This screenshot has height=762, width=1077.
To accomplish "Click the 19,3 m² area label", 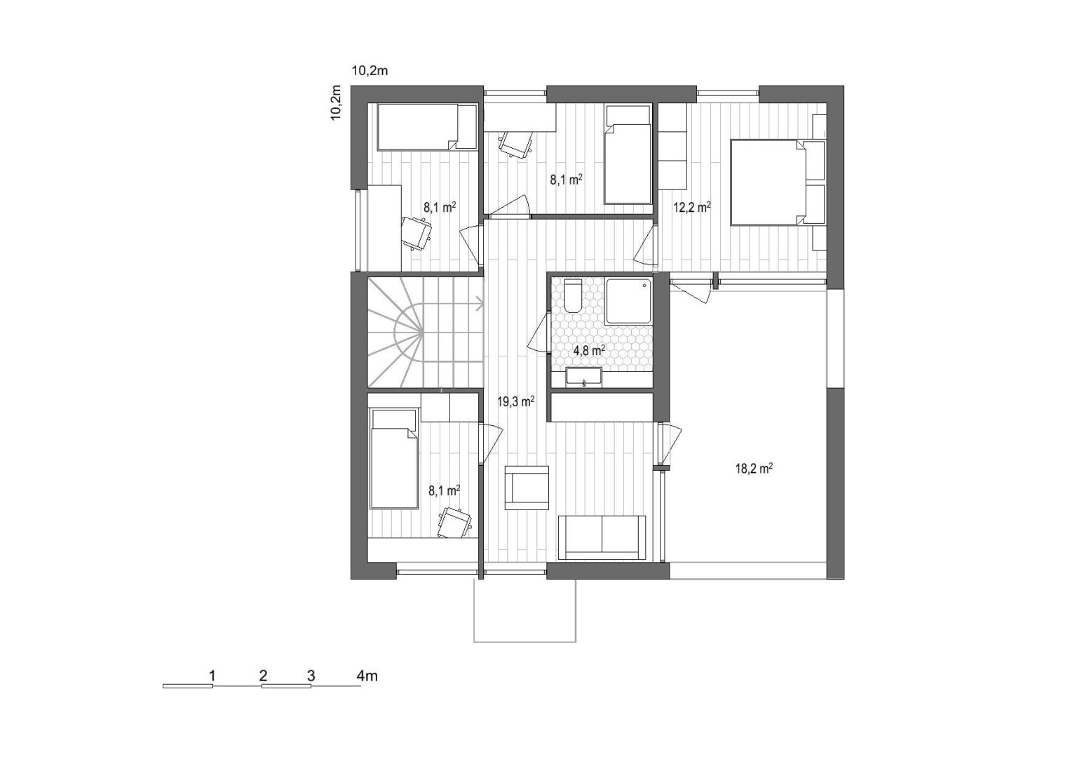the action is pos(516,401).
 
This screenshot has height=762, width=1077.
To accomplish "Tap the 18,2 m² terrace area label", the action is pos(754,469).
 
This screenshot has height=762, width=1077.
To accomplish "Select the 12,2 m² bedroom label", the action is pos(692,207).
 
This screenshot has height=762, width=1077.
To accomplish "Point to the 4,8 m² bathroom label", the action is pos(589,350).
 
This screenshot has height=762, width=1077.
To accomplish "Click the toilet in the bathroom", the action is pos(573,296).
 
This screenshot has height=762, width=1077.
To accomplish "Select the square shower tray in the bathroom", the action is pos(629,301).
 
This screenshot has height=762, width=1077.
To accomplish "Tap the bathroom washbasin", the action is pos(583,377).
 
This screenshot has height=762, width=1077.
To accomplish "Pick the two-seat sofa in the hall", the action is pos(602,537).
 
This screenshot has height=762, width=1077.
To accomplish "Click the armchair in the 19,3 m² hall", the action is pos(527,488).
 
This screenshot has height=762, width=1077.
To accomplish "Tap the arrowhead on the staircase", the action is pos(480,303).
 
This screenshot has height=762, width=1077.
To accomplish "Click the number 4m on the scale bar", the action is pos(367,676).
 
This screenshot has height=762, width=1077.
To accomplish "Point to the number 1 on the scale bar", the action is pos(212,676).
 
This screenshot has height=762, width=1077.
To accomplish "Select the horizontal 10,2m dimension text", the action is pos(370,71).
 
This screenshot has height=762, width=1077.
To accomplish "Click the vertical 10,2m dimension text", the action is pos(336,103).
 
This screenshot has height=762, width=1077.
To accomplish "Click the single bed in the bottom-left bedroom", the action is pos(393,458).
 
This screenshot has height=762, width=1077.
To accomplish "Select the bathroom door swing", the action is pos(538,332).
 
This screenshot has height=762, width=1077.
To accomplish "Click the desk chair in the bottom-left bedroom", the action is pos(454,523).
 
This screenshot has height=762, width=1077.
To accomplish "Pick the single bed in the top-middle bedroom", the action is pos(628,154).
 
